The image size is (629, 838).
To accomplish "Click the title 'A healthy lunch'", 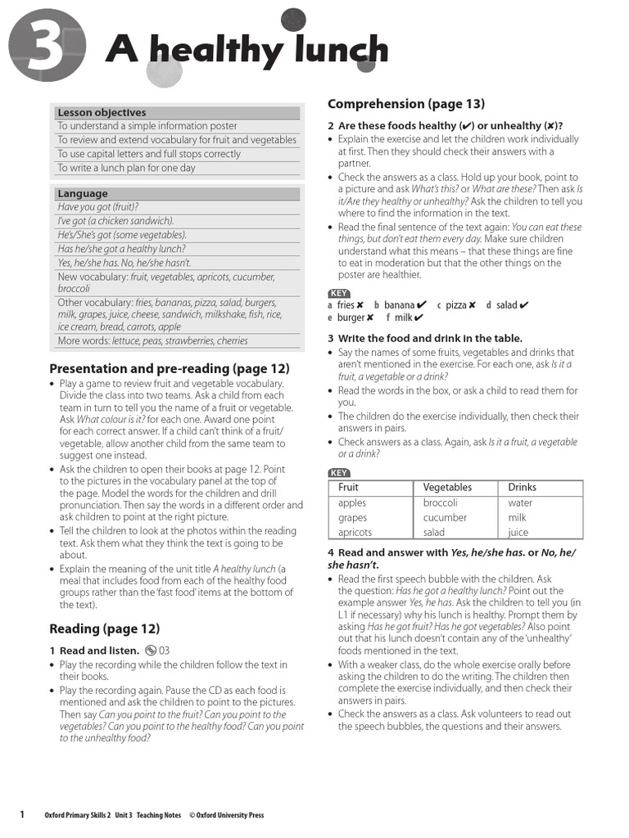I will (247, 52).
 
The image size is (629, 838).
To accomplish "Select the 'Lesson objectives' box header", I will (102, 112).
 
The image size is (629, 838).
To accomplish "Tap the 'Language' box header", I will (82, 194).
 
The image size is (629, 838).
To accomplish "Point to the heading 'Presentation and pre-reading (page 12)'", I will (170, 368).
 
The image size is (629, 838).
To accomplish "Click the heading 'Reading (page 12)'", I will (105, 628).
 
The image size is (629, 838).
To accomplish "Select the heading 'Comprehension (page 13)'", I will (406, 104).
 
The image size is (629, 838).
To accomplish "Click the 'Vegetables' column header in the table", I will (447, 488).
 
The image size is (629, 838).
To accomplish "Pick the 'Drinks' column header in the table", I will (523, 488).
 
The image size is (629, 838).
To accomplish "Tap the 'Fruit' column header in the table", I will (348, 488).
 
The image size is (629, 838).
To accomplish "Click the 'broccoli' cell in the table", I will (440, 503).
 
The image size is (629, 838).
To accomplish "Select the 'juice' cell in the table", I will (518, 532).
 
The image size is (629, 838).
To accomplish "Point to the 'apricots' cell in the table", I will (355, 532).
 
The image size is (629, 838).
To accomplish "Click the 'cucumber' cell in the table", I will (445, 517).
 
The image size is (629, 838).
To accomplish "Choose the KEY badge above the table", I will (339, 472).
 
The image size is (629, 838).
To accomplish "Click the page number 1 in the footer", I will (22, 814).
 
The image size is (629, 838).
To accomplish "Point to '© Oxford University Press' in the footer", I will (227, 815).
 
